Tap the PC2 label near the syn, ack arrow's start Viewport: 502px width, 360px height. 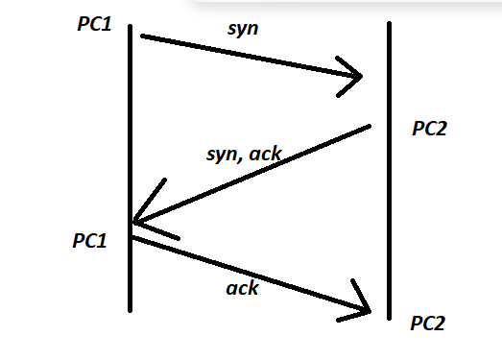coord(430,129)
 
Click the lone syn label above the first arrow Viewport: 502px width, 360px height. coord(243,28)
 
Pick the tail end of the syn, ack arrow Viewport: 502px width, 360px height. coord(368,127)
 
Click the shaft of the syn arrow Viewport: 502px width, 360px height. coord(250,56)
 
